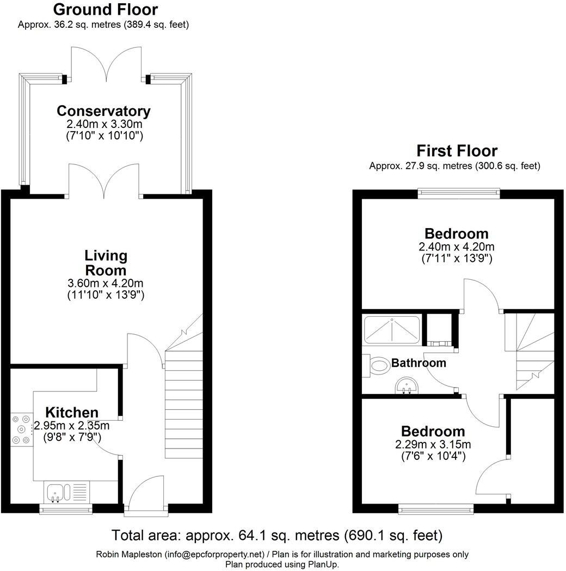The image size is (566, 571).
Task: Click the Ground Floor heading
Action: coord(106,9)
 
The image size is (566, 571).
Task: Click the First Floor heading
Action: coord(457,150)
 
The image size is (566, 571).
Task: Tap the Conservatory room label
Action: coord(103,111)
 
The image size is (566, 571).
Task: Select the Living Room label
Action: coord(106,262)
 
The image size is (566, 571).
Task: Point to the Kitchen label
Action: coord(71,412)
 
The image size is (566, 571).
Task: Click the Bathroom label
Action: coord(419,363)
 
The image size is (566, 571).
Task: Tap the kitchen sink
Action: coord(56,492)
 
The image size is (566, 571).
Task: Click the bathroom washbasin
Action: coord(405,386)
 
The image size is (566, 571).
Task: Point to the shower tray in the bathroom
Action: coord(391,328)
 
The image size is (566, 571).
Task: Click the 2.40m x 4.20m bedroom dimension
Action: coord(457,247)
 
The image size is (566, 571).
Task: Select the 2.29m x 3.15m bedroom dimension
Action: coord(433,444)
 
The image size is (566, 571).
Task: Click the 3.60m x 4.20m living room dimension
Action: coord(106,283)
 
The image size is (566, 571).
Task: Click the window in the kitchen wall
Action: coord(66,509)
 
